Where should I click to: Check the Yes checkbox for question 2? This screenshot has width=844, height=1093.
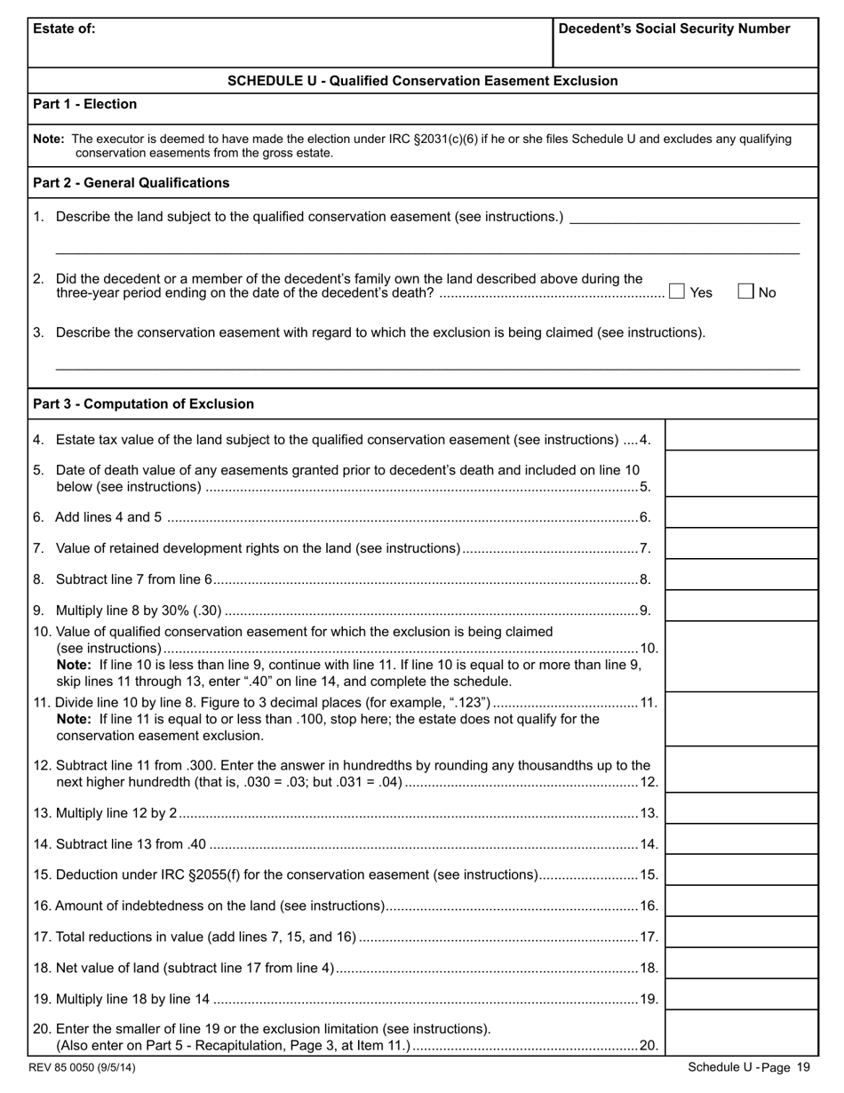[677, 291]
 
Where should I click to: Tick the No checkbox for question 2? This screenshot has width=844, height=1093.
[746, 291]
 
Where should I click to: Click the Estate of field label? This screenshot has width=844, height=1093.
[64, 28]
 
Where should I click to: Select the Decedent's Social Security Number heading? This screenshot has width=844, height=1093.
[673, 28]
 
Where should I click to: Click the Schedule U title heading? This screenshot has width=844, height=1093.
[422, 81]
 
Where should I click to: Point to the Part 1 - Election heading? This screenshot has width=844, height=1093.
[84, 104]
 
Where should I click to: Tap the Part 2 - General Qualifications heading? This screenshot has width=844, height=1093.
[131, 183]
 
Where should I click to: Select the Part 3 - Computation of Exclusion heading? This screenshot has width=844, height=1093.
[143, 404]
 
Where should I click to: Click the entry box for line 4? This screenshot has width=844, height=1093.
[741, 436]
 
